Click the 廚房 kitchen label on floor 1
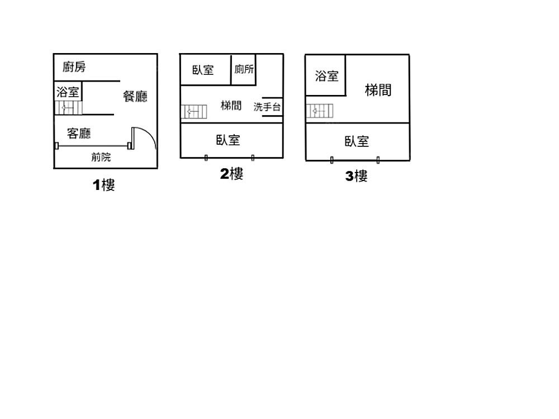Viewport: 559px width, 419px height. (x=74, y=68)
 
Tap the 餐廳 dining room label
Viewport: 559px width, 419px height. (x=135, y=96)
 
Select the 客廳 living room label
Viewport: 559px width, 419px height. (x=79, y=133)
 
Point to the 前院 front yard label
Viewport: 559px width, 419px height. (x=101, y=157)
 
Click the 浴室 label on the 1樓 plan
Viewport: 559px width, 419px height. (x=68, y=92)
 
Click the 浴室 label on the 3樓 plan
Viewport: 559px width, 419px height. (x=326, y=76)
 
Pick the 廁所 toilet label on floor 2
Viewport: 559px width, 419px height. (x=244, y=69)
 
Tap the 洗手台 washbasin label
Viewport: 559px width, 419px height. (x=267, y=107)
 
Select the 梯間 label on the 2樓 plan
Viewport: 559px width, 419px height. (x=231, y=105)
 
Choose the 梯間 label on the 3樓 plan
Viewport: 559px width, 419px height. (x=378, y=90)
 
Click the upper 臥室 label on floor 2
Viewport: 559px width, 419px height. (x=203, y=70)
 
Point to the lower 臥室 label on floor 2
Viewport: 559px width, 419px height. (x=228, y=140)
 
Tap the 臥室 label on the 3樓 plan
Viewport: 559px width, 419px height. (x=357, y=141)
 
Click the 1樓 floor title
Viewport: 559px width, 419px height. (x=104, y=185)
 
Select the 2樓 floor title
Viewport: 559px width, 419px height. (x=231, y=174)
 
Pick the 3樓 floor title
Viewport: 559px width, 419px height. (x=357, y=177)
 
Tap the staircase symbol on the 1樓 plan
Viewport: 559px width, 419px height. (x=68, y=108)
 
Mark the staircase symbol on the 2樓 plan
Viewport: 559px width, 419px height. (x=194, y=112)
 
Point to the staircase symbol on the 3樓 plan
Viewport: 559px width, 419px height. (x=319, y=111)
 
